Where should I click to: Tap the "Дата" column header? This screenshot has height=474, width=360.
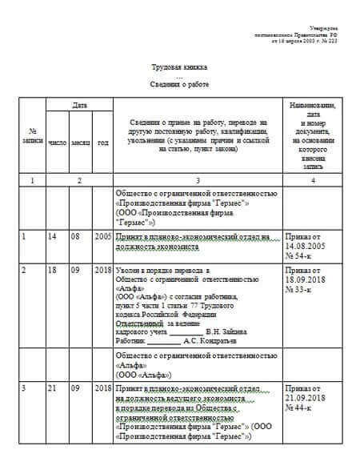[79, 106]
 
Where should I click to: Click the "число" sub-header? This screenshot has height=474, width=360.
[58, 143]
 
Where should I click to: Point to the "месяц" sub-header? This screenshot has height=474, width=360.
[81, 143]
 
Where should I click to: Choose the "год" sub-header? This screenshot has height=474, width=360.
[103, 143]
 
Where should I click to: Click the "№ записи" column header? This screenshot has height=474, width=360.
[33, 136]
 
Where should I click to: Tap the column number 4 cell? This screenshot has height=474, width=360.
[313, 180]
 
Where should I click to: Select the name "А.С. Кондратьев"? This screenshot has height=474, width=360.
[212, 340]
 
